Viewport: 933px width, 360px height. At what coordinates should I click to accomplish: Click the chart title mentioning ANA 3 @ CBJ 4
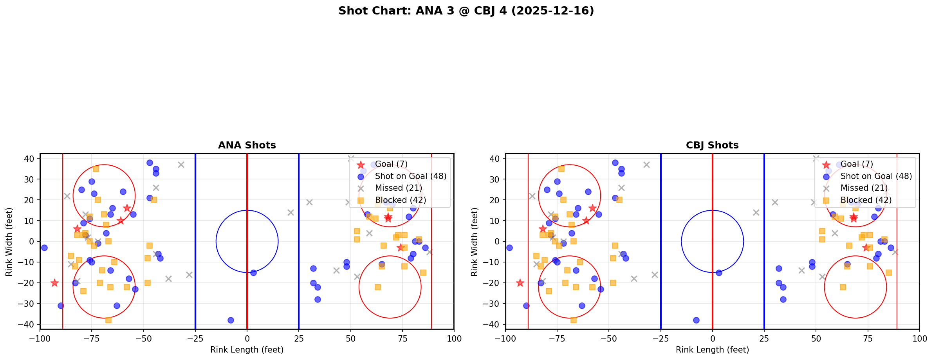click(x=466, y=11)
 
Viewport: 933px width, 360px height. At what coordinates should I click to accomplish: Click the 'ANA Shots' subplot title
click(x=247, y=145)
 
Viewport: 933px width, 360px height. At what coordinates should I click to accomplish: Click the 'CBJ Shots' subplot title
click(x=712, y=145)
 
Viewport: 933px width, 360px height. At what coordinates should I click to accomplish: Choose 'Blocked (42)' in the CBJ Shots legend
click(x=866, y=200)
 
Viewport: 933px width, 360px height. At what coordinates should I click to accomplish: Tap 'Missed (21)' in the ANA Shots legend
click(x=398, y=188)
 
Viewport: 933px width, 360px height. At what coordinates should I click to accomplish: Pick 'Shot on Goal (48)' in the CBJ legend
click(x=876, y=176)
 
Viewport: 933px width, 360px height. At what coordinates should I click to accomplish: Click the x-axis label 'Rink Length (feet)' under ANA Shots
click(x=247, y=350)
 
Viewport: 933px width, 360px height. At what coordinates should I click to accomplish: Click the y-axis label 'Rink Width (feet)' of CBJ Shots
click(x=475, y=241)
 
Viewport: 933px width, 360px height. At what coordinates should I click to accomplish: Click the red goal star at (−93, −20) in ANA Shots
click(x=54, y=283)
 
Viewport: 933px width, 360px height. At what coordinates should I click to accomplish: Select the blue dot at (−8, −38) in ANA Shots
click(x=231, y=320)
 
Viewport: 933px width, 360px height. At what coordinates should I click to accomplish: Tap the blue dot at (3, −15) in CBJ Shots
click(x=719, y=273)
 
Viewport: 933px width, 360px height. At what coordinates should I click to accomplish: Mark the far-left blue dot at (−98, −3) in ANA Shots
click(x=44, y=248)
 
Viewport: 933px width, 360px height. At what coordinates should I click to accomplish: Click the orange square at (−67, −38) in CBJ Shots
click(x=574, y=320)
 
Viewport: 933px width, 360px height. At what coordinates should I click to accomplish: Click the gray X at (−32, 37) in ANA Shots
click(x=181, y=165)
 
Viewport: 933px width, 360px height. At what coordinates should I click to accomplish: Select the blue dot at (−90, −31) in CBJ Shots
click(x=526, y=306)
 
